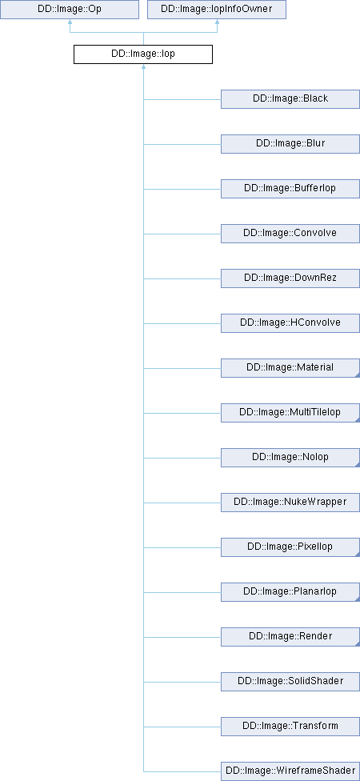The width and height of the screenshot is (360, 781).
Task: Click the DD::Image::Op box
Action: point(70,10)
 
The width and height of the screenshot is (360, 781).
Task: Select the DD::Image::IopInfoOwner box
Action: point(217,10)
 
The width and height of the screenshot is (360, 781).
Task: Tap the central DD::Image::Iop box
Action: point(143,54)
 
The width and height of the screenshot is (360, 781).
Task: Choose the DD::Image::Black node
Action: point(290,99)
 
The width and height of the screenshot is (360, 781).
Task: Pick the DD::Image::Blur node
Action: point(290,144)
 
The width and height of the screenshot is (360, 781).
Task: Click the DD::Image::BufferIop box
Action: point(290,189)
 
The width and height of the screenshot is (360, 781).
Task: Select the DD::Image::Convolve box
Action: point(290,234)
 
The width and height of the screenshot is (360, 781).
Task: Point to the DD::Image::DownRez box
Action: point(290,278)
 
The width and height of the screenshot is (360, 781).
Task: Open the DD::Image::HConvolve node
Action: point(290,323)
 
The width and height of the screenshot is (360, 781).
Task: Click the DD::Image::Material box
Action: point(290,368)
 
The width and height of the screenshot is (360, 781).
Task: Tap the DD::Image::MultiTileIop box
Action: point(290,413)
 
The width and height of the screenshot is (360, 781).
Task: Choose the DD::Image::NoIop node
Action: point(290,458)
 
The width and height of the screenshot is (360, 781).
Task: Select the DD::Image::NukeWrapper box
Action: point(290,503)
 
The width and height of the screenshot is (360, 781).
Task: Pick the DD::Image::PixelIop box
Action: point(290,547)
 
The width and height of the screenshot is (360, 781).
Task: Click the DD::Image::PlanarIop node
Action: point(290,592)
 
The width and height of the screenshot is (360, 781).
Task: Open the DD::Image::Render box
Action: point(290,637)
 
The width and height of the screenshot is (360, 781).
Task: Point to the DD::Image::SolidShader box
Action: point(290,682)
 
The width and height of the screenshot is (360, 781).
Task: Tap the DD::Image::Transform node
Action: point(290,727)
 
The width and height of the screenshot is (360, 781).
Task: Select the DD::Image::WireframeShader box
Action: point(290,771)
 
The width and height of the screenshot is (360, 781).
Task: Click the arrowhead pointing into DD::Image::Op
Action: point(70,22)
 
